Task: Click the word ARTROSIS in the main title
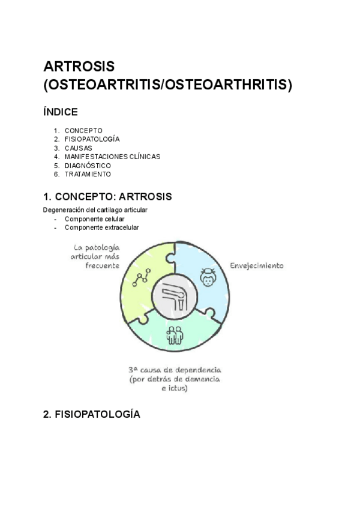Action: click(79, 65)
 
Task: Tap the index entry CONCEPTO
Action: click(83, 130)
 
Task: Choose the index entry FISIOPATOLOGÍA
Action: click(92, 139)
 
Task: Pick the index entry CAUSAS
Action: click(78, 148)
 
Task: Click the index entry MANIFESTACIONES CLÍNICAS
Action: click(112, 157)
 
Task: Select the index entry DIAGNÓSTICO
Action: click(88, 165)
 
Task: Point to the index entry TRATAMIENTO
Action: click(88, 174)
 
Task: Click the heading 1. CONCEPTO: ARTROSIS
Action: click(107, 196)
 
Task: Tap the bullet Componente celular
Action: click(94, 219)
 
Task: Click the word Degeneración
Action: click(62, 210)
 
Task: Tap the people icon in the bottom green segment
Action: click(174, 334)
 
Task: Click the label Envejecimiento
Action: click(257, 265)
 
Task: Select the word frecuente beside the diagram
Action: click(103, 265)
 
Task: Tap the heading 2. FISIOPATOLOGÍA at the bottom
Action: click(92, 414)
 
